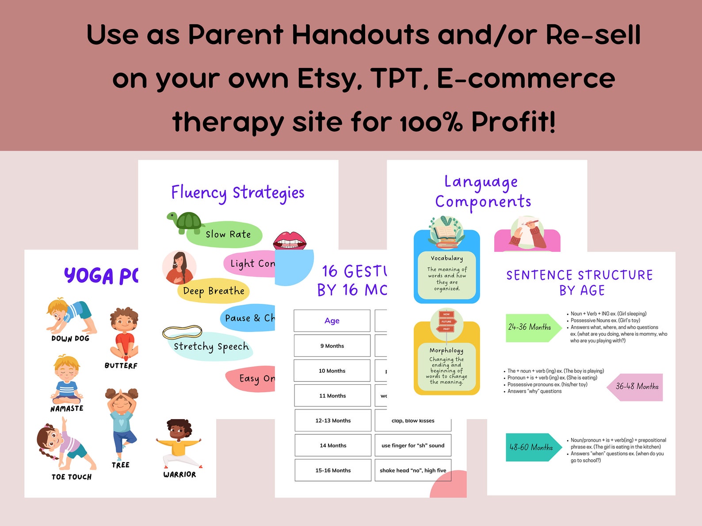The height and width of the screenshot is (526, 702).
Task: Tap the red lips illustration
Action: [290, 241]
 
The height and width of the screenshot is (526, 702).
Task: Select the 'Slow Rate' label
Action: [228, 235]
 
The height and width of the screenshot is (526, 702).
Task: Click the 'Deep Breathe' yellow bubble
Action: [214, 291]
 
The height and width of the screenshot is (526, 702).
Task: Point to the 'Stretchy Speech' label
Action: [211, 347]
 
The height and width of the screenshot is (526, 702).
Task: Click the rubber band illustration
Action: [182, 332]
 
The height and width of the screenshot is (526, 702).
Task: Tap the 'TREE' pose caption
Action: [121, 465]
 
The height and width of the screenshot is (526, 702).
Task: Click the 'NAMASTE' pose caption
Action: [67, 409]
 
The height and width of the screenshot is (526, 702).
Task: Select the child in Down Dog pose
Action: [71, 316]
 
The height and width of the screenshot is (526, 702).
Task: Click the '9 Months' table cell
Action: [332, 346]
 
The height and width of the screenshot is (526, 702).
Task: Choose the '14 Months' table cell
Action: [333, 446]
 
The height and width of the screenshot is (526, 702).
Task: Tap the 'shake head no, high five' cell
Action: [413, 470]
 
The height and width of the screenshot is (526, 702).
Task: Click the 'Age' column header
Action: [332, 321]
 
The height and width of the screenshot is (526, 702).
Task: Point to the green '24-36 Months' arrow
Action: [532, 327]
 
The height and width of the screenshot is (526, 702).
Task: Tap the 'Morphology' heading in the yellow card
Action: [446, 350]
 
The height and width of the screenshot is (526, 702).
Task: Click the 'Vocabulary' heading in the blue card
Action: [447, 258]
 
